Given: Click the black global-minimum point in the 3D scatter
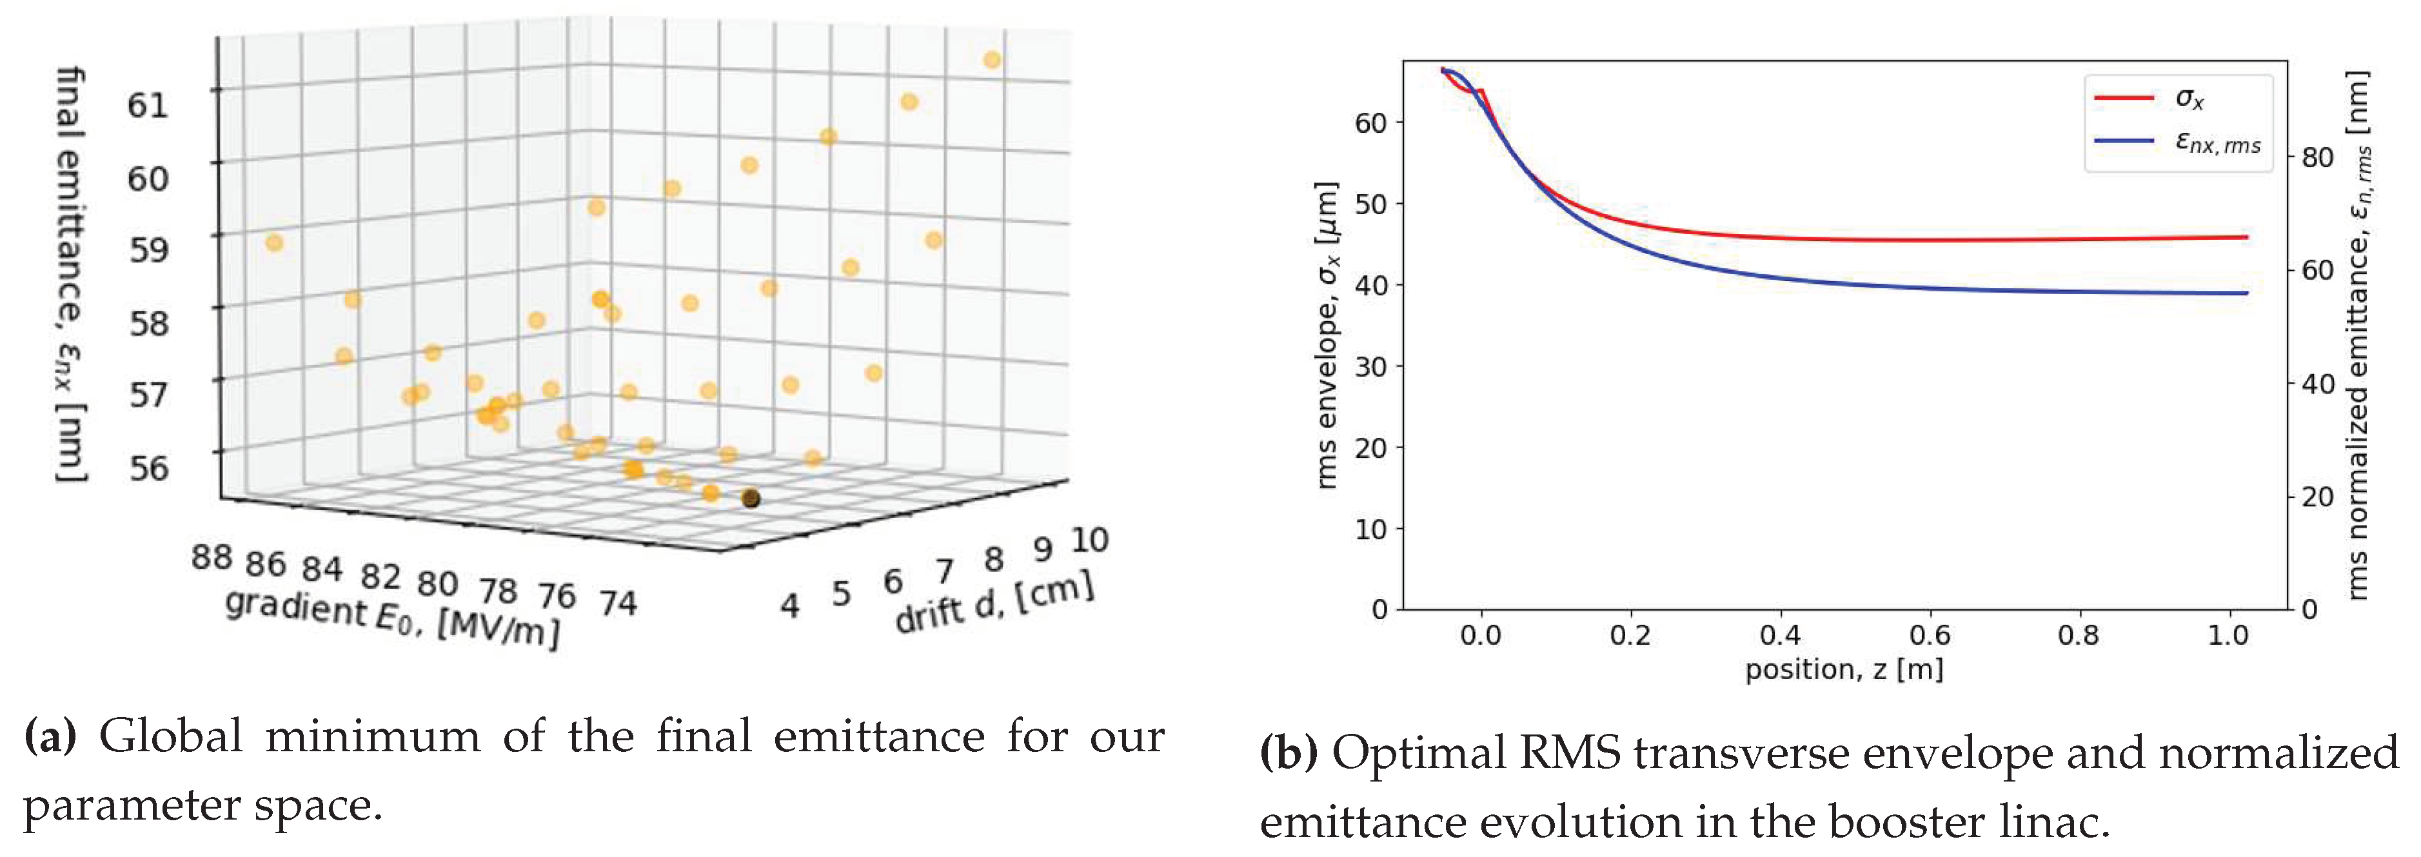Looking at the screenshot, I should [750, 498].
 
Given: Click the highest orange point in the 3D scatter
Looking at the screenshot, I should [991, 60].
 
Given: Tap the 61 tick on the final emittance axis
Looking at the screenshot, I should [148, 104].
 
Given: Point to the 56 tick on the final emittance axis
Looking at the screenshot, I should [148, 467].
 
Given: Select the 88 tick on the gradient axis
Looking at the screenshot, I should [212, 557].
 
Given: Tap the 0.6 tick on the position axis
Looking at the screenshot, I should [1930, 636].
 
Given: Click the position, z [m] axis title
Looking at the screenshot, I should [1844, 669].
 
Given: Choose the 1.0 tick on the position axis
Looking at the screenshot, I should [2228, 636].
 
